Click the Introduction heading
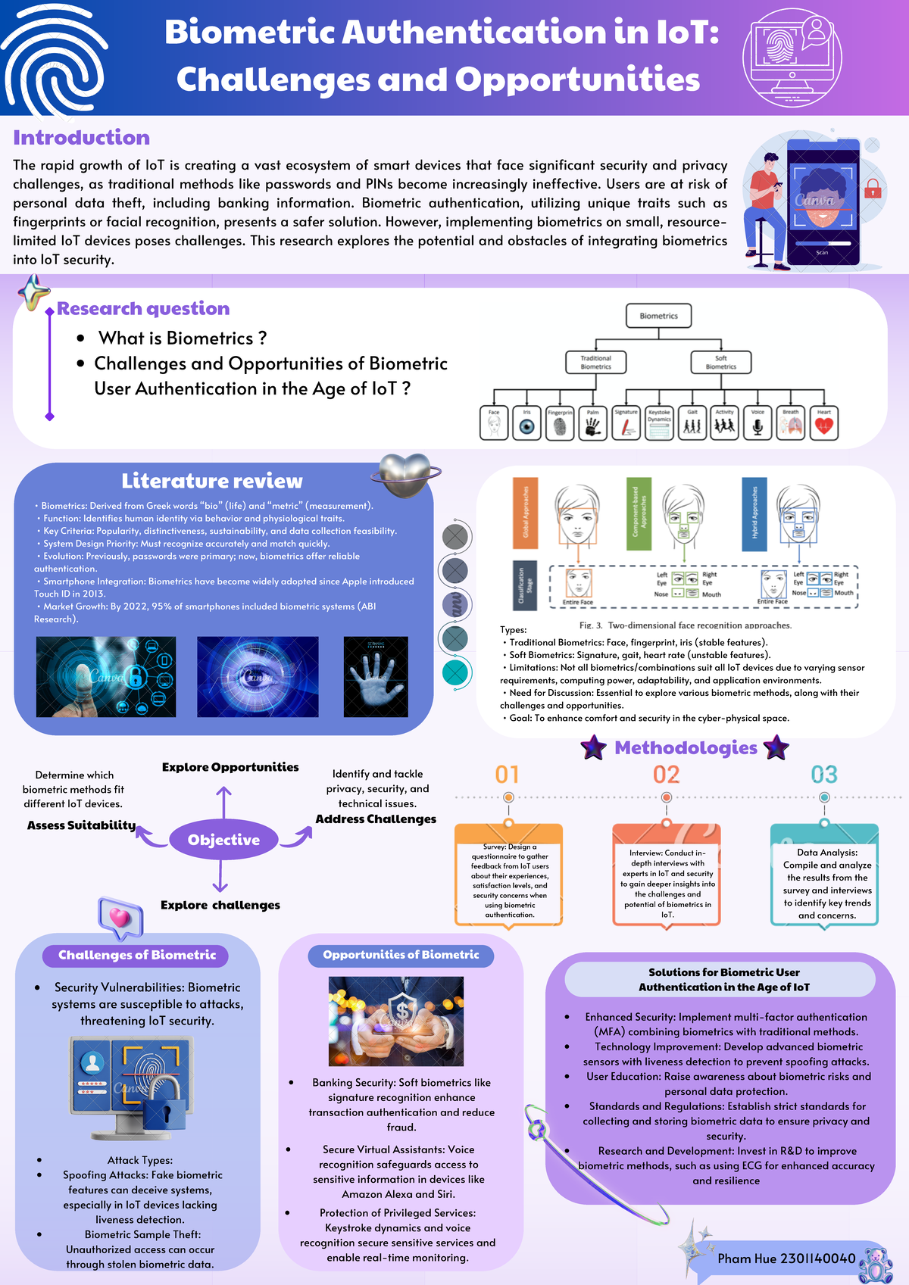(x=81, y=138)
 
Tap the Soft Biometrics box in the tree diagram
(x=720, y=362)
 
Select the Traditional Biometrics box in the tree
(x=595, y=362)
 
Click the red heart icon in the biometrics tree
(x=824, y=425)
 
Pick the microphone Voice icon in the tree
(x=757, y=425)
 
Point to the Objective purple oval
(x=223, y=840)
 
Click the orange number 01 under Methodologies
(x=507, y=775)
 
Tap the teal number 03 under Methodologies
(x=824, y=775)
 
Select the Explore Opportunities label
(x=230, y=767)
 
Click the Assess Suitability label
(x=81, y=825)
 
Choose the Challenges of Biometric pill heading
(x=137, y=955)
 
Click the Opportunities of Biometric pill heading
(x=401, y=955)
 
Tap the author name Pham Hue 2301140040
(x=786, y=1258)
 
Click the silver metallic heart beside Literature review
(x=405, y=476)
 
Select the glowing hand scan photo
(x=376, y=677)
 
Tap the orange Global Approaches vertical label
(x=525, y=512)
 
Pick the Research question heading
(x=143, y=309)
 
